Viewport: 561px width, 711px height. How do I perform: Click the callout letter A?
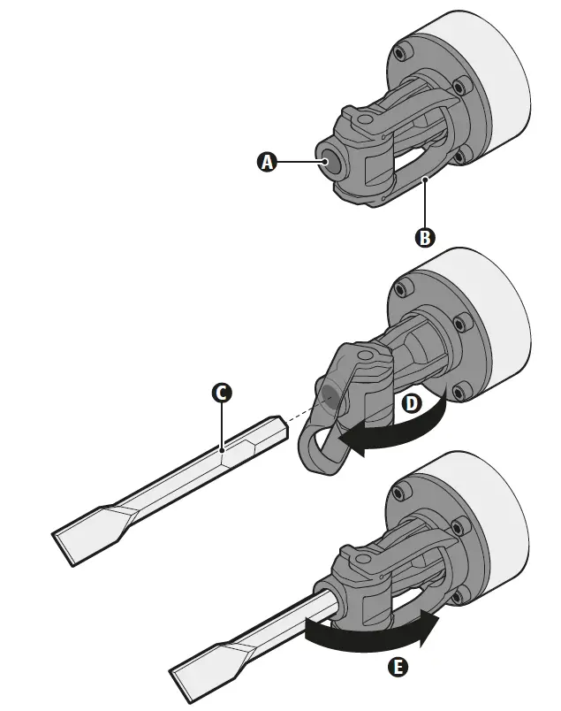[x=266, y=162]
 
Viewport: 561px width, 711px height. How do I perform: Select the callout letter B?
[x=424, y=237]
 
